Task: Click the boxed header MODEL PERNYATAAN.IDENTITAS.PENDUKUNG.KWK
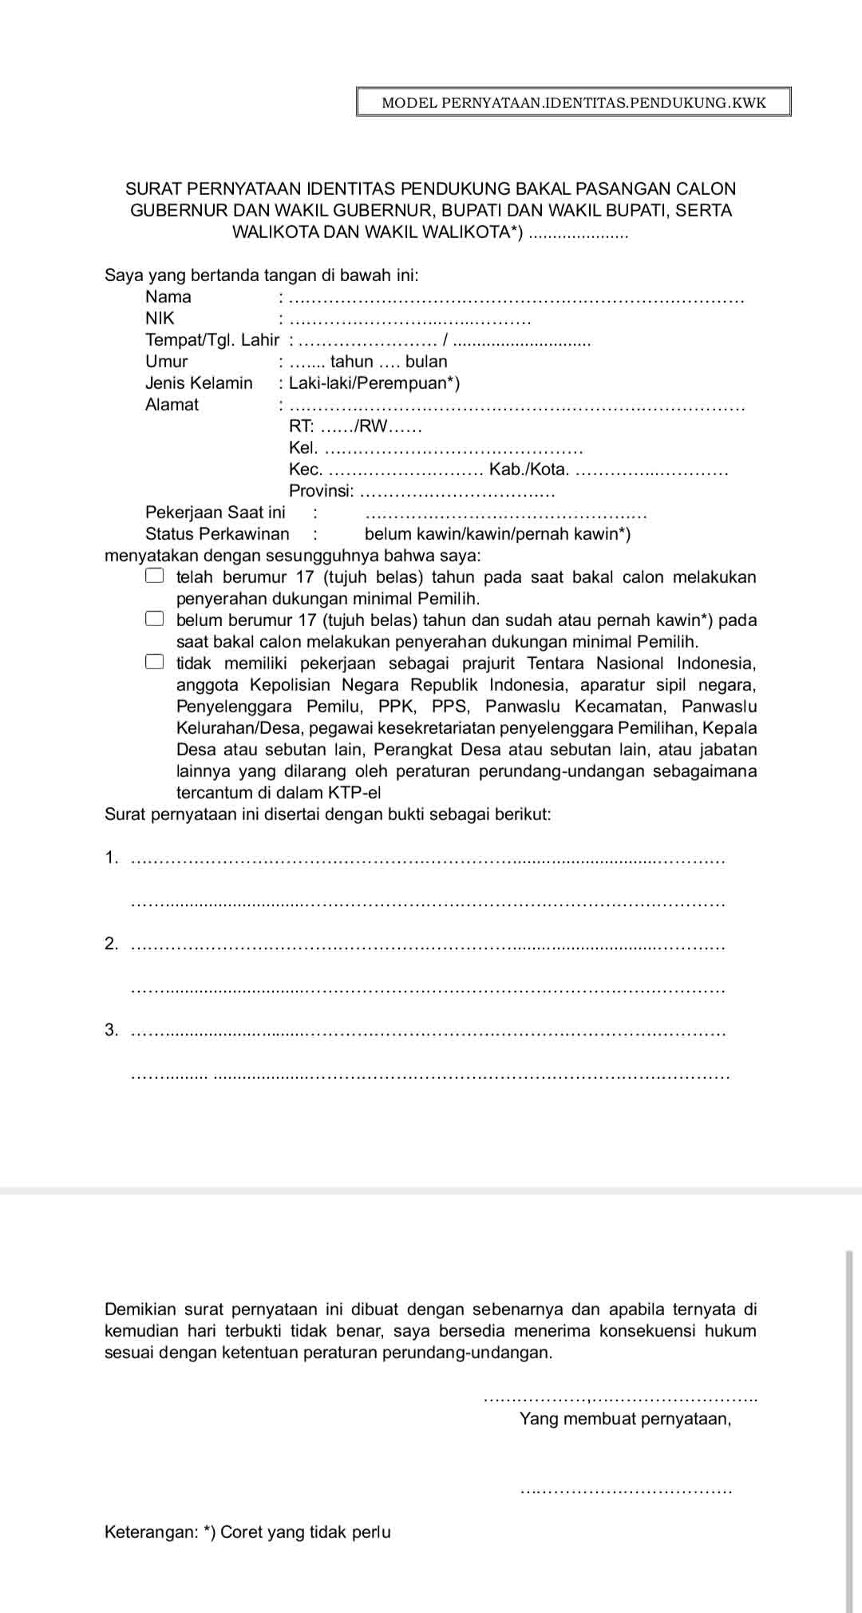[573, 102]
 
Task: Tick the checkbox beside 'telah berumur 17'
[155, 576]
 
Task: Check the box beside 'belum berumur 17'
[155, 619]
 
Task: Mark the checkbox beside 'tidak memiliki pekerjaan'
[155, 662]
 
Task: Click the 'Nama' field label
[168, 297]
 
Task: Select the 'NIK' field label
[160, 319]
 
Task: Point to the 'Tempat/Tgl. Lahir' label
[212, 340]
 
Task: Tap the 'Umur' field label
[166, 362]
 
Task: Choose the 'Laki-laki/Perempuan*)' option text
[374, 383]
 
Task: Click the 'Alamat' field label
[172, 405]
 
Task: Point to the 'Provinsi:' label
[321, 491]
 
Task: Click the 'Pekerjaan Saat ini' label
[215, 513]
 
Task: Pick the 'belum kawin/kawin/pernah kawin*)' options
[497, 534]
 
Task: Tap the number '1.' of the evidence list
[111, 858]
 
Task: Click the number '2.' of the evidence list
[111, 944]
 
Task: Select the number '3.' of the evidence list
[111, 1030]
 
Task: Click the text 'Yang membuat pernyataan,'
[625, 1419]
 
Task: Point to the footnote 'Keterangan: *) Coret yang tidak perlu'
[247, 1532]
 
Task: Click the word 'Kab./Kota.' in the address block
[529, 470]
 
